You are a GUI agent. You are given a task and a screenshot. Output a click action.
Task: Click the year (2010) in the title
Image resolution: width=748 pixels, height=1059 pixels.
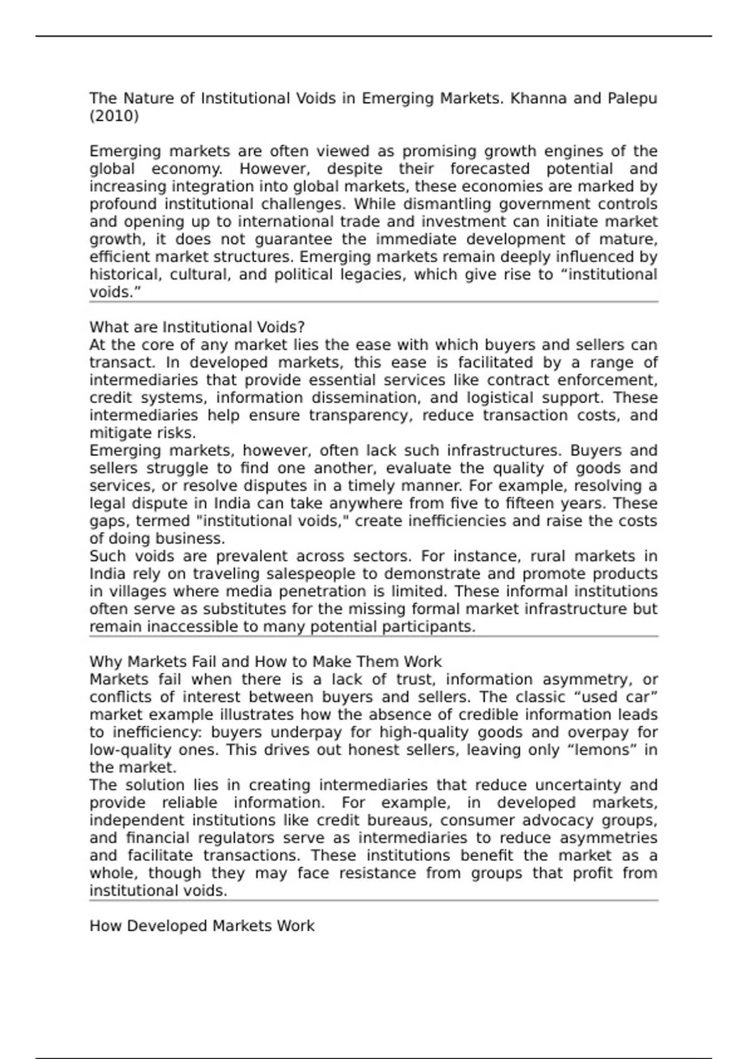coord(114,116)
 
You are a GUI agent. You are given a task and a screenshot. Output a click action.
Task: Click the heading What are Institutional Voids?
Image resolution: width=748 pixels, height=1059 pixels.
coord(197,327)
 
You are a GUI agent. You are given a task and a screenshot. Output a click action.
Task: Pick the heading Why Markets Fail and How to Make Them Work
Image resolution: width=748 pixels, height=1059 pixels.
coord(266,662)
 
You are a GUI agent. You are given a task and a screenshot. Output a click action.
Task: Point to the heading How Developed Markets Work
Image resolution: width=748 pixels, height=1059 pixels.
coord(202,926)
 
